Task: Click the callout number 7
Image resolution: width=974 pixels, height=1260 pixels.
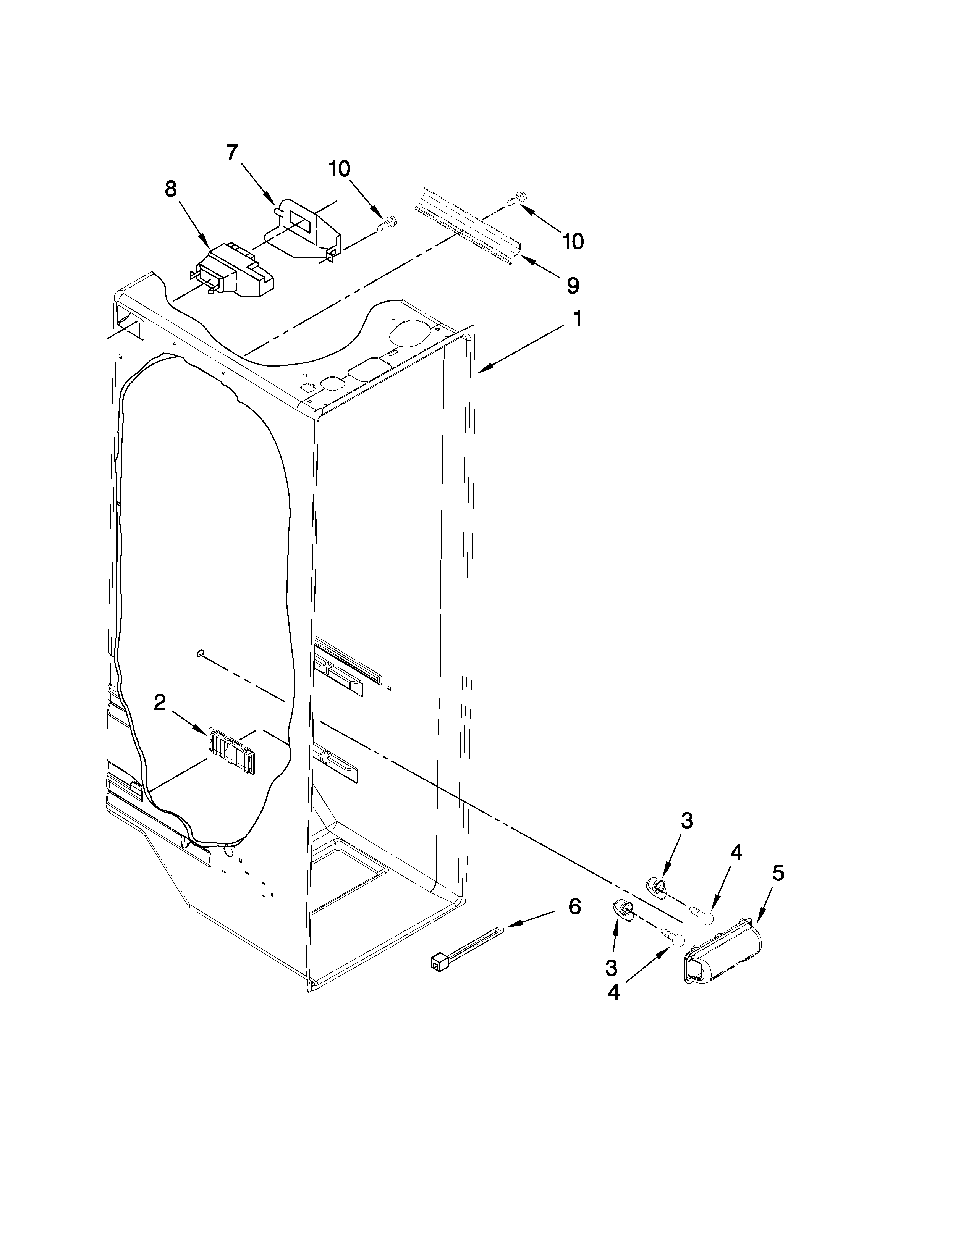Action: [232, 153]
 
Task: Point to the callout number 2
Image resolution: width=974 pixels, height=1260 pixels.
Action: [160, 702]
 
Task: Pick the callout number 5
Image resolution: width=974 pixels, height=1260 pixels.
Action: [778, 874]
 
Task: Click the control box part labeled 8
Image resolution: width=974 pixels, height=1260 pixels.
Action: [234, 271]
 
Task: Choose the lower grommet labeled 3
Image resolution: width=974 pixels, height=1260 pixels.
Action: [621, 910]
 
